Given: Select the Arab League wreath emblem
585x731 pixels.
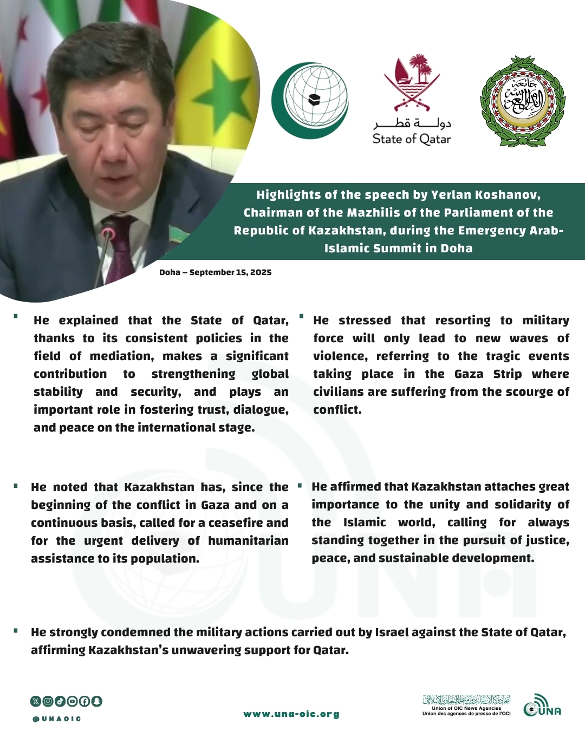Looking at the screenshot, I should [x=523, y=101].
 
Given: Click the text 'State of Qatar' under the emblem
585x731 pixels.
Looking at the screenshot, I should [x=412, y=139].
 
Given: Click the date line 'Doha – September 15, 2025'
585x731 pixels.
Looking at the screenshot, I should [x=215, y=272].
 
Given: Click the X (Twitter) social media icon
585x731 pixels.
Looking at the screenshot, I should [x=36, y=701].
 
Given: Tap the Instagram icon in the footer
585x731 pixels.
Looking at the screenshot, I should [x=48, y=701].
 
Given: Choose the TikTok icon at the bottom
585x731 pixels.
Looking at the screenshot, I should [x=60, y=701].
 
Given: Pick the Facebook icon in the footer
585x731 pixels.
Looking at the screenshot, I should [x=84, y=701].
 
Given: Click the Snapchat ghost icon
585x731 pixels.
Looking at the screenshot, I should [x=96, y=701].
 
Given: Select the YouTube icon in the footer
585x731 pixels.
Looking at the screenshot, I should [x=72, y=701].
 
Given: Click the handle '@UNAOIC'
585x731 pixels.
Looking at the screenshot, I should [x=57, y=719].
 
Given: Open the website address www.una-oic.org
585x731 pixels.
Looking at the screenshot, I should [x=291, y=714].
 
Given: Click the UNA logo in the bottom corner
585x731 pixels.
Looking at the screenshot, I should [x=542, y=706].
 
